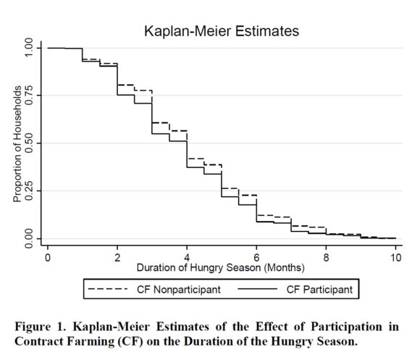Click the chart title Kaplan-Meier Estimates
pos(222,31)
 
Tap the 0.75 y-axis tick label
pos(28,96)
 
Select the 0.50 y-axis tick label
pos(28,143)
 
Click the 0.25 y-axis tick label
pos(28,191)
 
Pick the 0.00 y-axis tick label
pos(28,238)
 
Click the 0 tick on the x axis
pos(48,258)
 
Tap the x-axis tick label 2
pos(117,258)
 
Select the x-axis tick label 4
pos(187,258)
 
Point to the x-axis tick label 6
pos(256,258)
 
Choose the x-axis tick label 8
pos(326,258)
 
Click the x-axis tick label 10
pos(395,258)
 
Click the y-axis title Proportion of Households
pos(17,144)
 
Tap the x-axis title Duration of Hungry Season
pos(198,267)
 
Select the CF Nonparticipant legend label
pos(179,290)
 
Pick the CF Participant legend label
pos(319,290)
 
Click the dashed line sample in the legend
pos(108,289)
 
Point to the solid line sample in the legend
pos(257,289)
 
